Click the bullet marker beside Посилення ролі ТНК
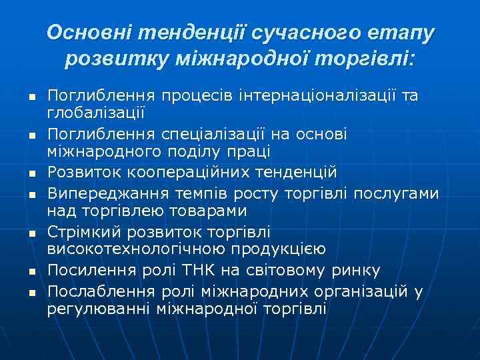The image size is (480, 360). (32, 272)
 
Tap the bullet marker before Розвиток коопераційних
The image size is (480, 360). (32, 174)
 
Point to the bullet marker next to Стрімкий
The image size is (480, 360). (32, 234)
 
